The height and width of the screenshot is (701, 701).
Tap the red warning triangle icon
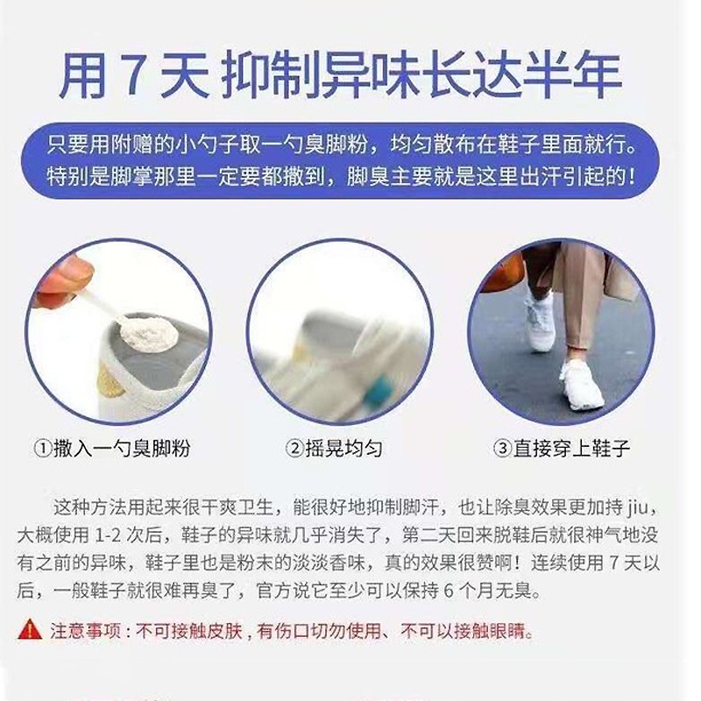click(30, 629)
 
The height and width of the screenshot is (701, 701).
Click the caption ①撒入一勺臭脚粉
click(112, 449)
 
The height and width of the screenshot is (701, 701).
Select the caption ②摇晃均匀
click(334, 449)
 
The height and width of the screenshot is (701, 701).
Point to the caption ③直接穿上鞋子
click(562, 449)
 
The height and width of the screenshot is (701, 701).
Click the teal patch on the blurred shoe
click(380, 390)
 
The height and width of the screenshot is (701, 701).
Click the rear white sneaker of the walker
click(540, 322)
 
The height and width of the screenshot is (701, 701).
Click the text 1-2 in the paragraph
click(108, 535)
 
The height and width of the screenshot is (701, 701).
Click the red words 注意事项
click(85, 631)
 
